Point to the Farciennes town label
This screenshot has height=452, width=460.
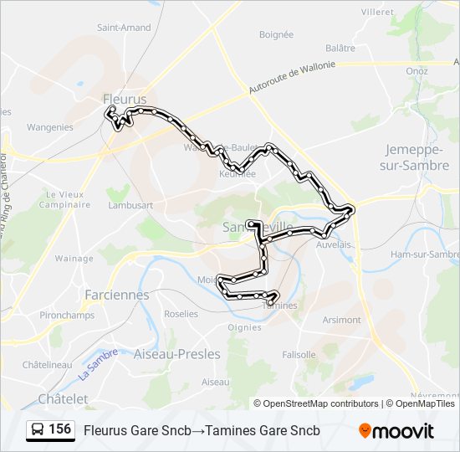117,295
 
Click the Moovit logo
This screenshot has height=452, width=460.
396,430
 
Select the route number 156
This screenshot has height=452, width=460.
59,429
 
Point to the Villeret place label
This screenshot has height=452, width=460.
377,13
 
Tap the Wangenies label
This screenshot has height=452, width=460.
50,128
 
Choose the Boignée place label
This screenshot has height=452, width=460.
276,35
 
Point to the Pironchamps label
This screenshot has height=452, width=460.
63,315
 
